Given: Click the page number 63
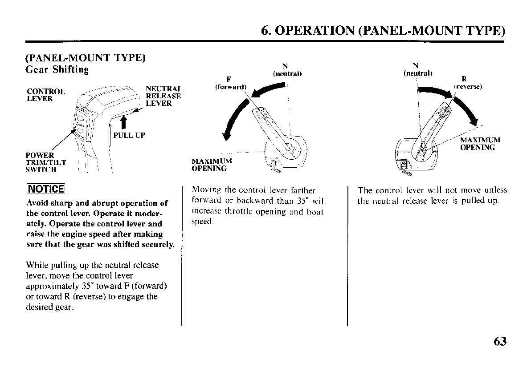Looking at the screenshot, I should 500,341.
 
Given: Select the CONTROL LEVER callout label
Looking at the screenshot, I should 46,95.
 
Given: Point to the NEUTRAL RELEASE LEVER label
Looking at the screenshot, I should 163,96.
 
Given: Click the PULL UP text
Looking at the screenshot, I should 129,135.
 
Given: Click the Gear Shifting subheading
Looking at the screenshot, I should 57,70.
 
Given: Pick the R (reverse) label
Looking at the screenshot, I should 468,84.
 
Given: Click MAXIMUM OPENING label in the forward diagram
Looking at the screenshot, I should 212,165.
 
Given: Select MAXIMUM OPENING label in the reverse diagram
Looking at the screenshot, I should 480,143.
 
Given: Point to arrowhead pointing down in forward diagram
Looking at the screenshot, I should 228,135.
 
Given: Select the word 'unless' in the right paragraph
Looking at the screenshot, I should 495,190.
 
